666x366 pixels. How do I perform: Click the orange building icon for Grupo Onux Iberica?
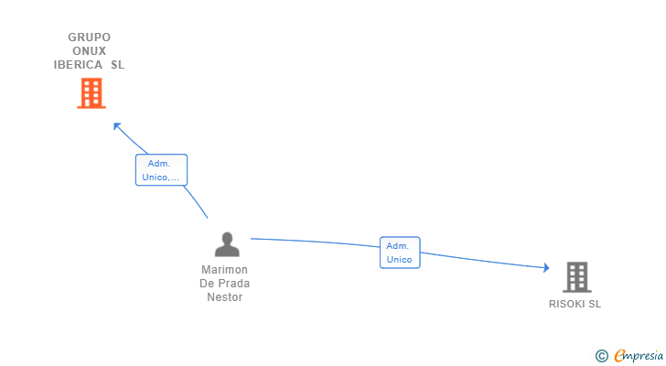click(x=91, y=93)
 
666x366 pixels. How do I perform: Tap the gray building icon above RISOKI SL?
click(x=576, y=276)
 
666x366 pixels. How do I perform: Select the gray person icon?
click(x=226, y=244)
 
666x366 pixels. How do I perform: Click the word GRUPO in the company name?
click(x=90, y=38)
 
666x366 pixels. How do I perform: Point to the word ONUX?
click(x=90, y=51)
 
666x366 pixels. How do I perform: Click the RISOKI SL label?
click(x=575, y=304)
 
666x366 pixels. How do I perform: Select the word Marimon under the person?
click(x=225, y=270)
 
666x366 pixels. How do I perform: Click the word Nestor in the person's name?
click(x=225, y=297)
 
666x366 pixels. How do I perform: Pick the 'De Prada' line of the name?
click(x=225, y=284)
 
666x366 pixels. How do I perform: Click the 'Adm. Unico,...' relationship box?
click(x=161, y=170)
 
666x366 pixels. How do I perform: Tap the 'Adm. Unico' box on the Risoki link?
click(x=400, y=253)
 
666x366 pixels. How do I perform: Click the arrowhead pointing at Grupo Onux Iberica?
click(x=116, y=125)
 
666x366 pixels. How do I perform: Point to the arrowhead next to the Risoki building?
click(x=545, y=268)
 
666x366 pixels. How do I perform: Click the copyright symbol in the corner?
click(x=601, y=356)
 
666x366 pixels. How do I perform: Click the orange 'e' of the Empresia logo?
click(x=619, y=356)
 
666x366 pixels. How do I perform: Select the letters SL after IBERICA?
click(x=117, y=65)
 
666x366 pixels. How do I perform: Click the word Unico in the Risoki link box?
click(x=400, y=260)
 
